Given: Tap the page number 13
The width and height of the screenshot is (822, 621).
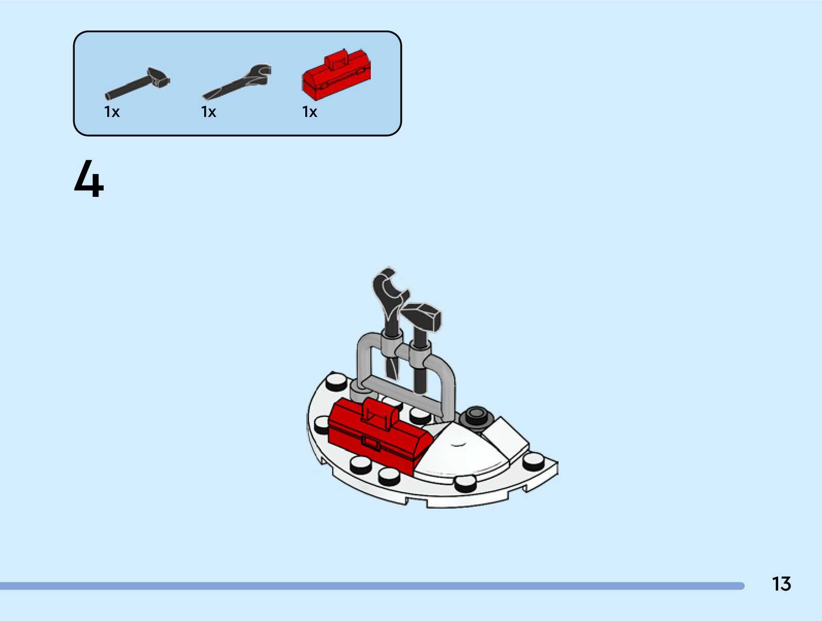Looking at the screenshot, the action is (x=781, y=584).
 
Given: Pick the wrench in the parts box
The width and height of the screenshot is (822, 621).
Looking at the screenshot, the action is (x=237, y=82).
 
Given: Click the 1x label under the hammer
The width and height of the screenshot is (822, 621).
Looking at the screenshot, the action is (x=112, y=112).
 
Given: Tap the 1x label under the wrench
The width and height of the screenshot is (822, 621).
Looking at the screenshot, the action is (x=209, y=112).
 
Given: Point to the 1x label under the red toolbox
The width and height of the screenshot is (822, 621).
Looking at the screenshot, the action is (x=310, y=112).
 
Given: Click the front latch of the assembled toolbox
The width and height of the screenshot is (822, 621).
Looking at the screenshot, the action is (x=369, y=442).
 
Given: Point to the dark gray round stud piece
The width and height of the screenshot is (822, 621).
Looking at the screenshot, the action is (x=476, y=415).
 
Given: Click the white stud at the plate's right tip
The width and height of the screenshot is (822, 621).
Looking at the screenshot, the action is (x=534, y=461).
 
